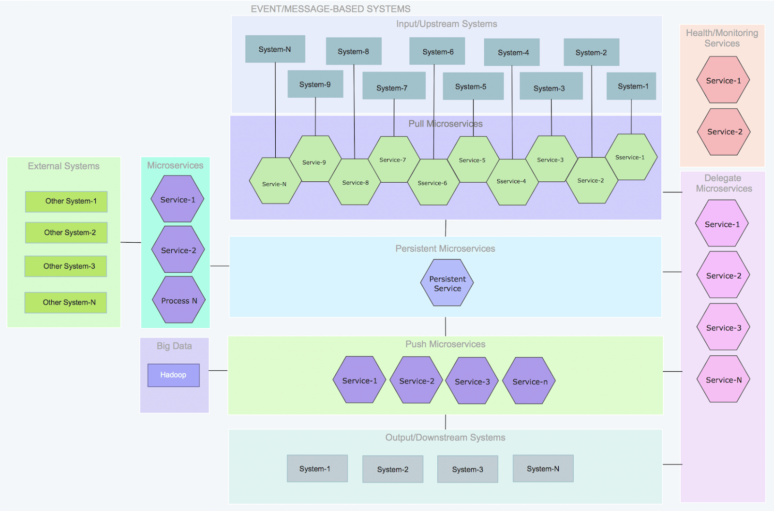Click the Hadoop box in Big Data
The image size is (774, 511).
pyautogui.click(x=173, y=375)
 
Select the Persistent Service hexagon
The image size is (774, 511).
pyautogui.click(x=447, y=283)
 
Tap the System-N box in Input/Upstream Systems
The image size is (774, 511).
pyautogui.click(x=275, y=49)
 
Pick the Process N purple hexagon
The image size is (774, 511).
pyautogui.click(x=179, y=300)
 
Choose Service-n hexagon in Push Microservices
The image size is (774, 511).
pyautogui.click(x=529, y=381)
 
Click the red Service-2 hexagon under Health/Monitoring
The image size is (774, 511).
pyautogui.click(x=724, y=132)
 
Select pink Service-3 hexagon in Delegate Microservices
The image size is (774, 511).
pyautogui.click(x=723, y=327)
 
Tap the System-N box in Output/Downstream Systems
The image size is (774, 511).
pyautogui.click(x=543, y=468)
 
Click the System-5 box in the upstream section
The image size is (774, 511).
pyautogui.click(x=472, y=87)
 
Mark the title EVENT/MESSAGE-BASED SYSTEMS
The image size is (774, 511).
pyautogui.click(x=330, y=9)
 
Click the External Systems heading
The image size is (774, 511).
pyautogui.click(x=63, y=166)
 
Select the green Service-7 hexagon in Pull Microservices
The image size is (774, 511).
pyautogui.click(x=393, y=160)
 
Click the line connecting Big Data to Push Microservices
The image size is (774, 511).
pyautogui.click(x=218, y=371)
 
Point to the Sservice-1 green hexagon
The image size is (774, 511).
pyautogui.click(x=631, y=158)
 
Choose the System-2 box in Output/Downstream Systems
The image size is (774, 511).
pyautogui.click(x=392, y=469)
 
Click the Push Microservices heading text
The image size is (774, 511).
pyautogui.click(x=445, y=344)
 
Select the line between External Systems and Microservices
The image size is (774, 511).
pyautogui.click(x=131, y=242)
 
